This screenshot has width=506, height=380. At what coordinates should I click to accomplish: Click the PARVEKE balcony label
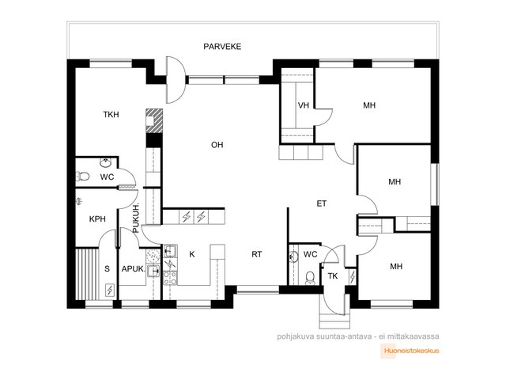[221, 47]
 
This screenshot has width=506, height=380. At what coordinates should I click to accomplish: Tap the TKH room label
[111, 115]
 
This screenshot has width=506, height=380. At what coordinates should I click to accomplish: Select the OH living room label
[217, 145]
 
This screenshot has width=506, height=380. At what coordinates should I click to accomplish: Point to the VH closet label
[303, 105]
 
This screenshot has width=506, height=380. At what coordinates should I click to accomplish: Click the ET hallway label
[321, 203]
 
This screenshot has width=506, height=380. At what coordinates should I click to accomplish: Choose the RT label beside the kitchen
[257, 254]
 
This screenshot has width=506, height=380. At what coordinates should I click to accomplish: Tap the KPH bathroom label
[97, 219]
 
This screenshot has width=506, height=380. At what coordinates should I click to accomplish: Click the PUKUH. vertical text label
[136, 218]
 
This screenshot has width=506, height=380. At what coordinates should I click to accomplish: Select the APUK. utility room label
[132, 268]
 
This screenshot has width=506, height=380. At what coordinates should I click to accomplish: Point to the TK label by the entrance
[333, 275]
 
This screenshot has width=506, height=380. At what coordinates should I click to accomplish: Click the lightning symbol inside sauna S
[109, 291]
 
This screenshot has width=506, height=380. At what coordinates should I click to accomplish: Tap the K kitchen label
[191, 254]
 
